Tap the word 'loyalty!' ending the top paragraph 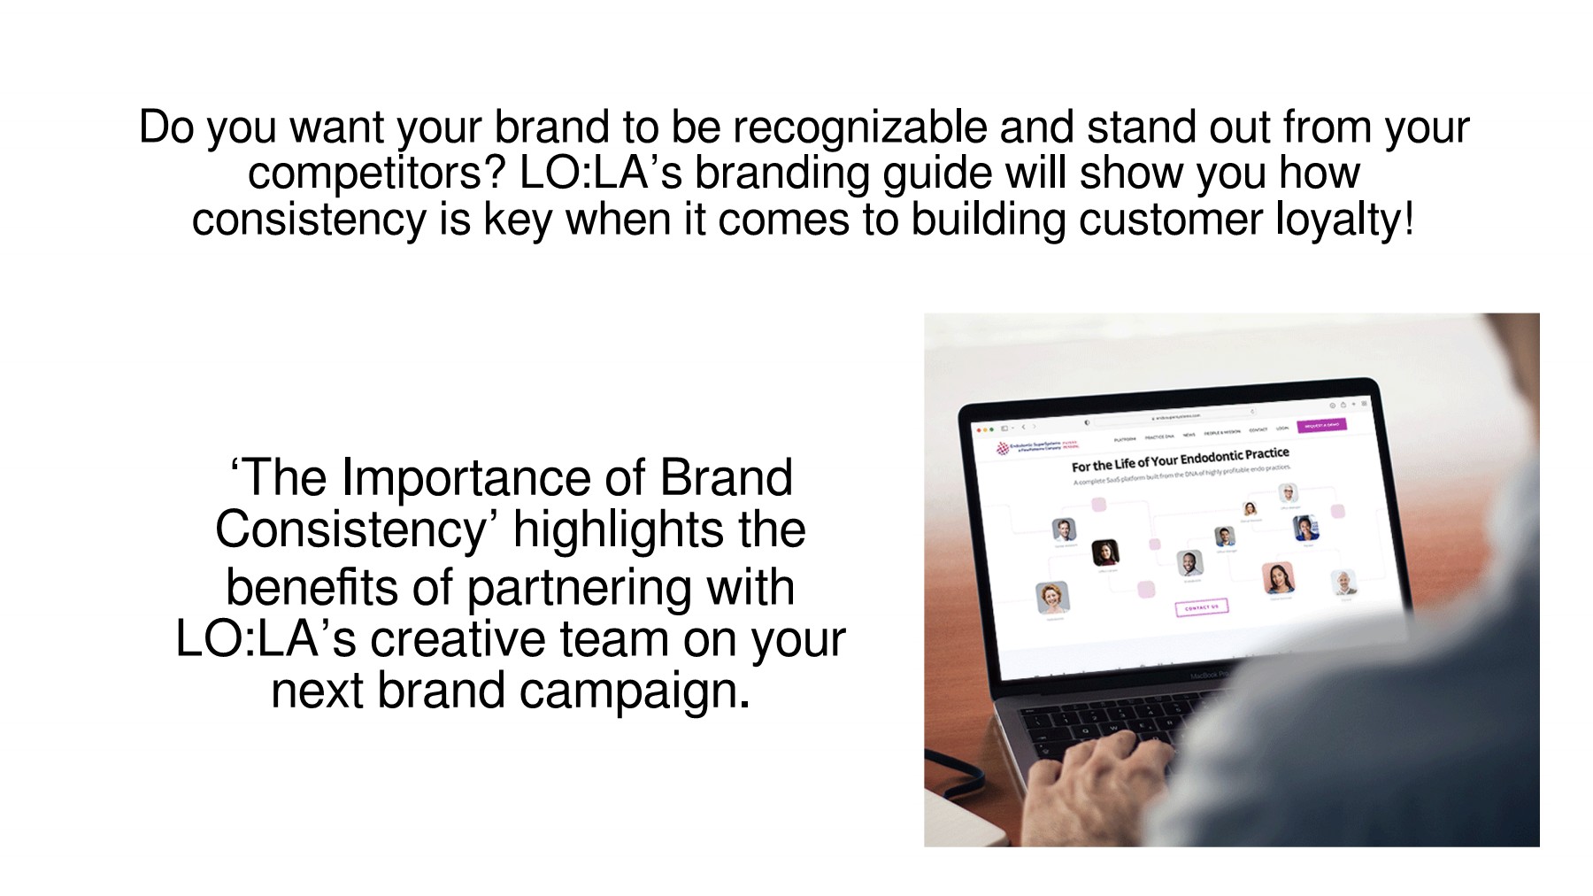pyautogui.click(x=1344, y=219)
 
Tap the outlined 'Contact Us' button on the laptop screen pyautogui.click(x=1201, y=607)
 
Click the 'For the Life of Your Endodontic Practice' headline pyautogui.click(x=1180, y=460)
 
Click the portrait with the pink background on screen pyautogui.click(x=1277, y=578)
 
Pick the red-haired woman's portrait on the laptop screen pyautogui.click(x=1052, y=597)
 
